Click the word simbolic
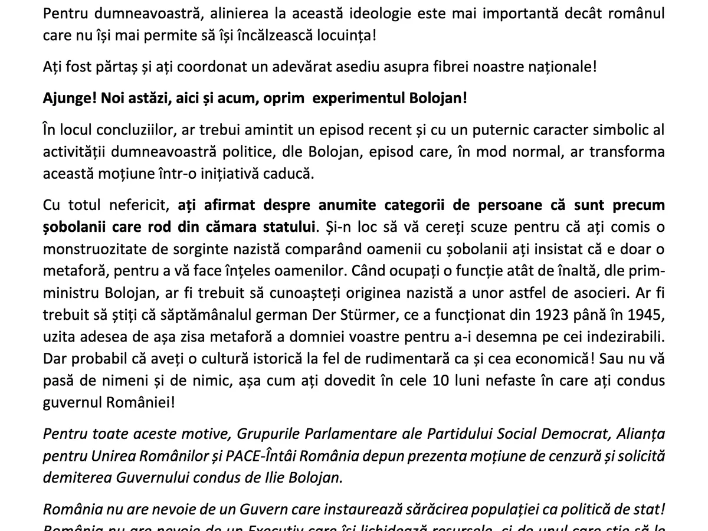[614, 129]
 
